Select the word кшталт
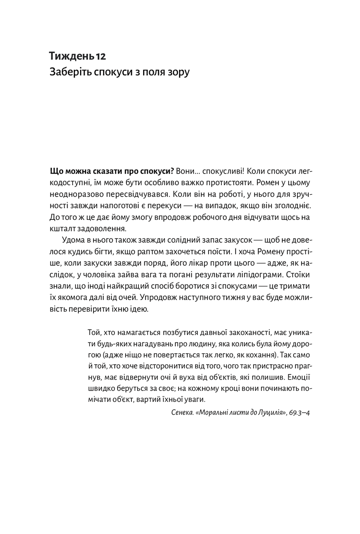click(x=63, y=228)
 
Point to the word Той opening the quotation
click(x=95, y=332)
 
